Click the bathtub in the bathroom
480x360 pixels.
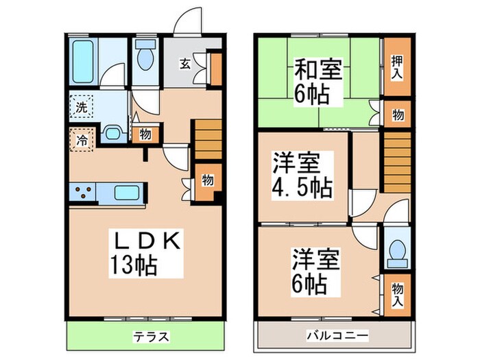83,60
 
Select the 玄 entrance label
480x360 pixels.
185,64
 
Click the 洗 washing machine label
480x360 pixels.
80,107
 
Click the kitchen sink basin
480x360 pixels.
127,193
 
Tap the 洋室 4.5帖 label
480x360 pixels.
302,176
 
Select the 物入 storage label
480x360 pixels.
397,294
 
